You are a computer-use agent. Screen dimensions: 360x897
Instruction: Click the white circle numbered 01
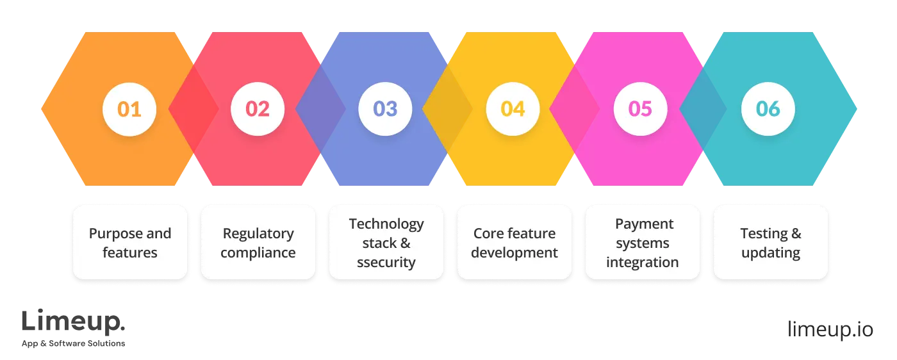click(129, 109)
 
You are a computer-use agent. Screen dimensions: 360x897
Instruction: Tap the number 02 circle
click(258, 109)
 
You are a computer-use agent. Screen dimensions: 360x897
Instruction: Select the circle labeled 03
click(385, 109)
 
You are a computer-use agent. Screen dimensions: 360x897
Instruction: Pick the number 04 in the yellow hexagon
click(513, 109)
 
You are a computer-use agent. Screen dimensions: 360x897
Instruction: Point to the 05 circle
click(640, 109)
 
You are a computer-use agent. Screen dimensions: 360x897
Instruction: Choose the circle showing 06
click(768, 109)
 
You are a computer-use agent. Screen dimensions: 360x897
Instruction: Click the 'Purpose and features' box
click(130, 243)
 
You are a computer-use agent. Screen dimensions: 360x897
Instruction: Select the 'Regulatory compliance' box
click(258, 243)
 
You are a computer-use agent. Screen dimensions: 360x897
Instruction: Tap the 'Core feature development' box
click(514, 243)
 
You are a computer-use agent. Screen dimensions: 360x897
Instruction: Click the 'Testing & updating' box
click(771, 243)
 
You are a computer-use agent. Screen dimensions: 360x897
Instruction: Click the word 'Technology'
click(386, 224)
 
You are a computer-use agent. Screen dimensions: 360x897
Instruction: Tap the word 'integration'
click(643, 262)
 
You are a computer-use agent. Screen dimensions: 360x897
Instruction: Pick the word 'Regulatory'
click(258, 233)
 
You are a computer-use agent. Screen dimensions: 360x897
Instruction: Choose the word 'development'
click(514, 252)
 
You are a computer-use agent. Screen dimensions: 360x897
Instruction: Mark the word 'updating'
click(771, 252)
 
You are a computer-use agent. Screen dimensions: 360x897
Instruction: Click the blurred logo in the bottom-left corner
click(74, 328)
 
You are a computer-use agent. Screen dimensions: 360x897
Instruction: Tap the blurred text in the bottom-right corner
click(830, 328)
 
